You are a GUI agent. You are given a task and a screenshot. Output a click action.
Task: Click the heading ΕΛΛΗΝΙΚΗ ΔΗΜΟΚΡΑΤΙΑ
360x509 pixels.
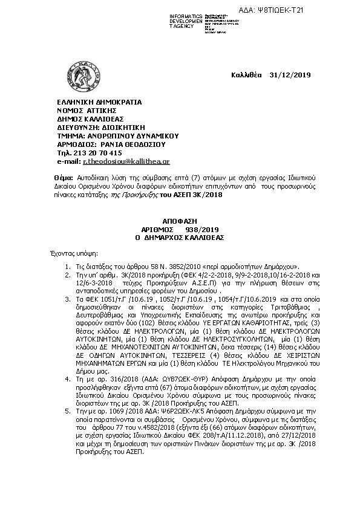coord(99,102)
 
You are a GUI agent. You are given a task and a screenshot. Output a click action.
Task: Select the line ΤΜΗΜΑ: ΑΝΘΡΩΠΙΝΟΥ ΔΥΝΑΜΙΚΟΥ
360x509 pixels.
coord(114,137)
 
